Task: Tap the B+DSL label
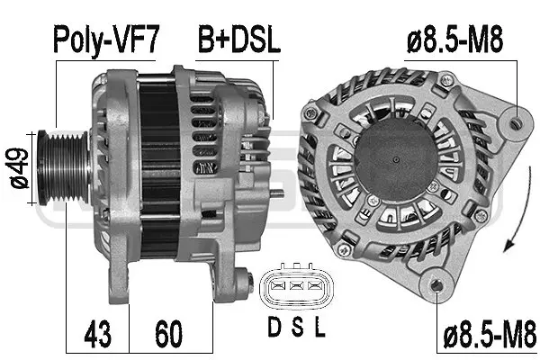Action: pyautogui.click(x=238, y=39)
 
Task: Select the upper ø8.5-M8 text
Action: pyautogui.click(x=454, y=39)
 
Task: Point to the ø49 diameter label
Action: pyautogui.click(x=15, y=168)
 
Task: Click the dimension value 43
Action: pyautogui.click(x=98, y=334)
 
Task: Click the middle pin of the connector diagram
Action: pyautogui.click(x=293, y=287)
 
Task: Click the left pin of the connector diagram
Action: pyautogui.click(x=274, y=287)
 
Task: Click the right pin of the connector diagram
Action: pyautogui.click(x=313, y=287)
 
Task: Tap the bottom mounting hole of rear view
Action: pyautogui.click(x=437, y=287)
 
